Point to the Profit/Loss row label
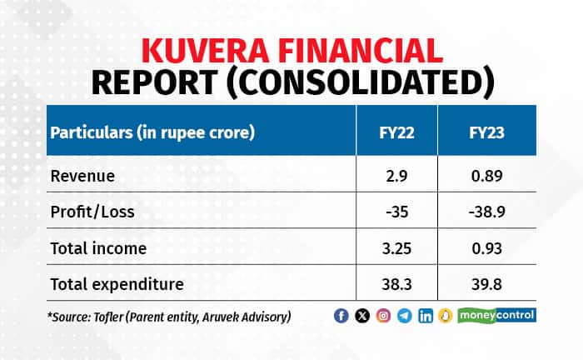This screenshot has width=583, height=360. point(92,212)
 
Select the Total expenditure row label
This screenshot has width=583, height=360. point(117,284)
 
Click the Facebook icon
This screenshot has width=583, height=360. point(341,316)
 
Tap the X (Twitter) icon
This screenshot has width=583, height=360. point(362,316)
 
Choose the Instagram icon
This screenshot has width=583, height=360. point(383,316)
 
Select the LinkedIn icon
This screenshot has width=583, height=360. point(426,316)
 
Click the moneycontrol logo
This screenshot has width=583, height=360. point(501,315)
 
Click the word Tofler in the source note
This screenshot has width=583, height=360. point(112,316)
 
